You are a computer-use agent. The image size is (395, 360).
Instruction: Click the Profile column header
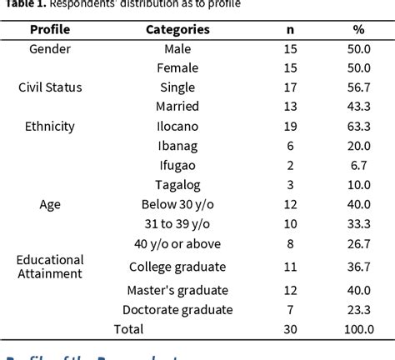(x=50, y=30)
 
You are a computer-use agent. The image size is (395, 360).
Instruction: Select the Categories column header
(x=177, y=30)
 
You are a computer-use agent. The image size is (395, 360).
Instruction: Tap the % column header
(x=357, y=30)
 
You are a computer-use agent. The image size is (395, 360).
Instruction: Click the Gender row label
(x=50, y=49)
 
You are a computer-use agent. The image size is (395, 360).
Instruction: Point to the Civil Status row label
(x=50, y=87)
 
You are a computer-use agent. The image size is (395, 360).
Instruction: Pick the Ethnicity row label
(x=50, y=127)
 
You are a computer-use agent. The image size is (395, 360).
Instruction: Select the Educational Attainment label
(x=50, y=266)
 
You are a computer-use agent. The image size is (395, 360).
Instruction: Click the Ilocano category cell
(x=177, y=127)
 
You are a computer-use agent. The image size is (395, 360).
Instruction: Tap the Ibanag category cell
(x=177, y=146)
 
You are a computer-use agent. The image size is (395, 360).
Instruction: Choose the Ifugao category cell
(x=177, y=165)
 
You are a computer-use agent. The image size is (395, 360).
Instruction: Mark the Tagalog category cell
(x=177, y=184)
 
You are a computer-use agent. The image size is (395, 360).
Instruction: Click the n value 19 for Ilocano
(x=291, y=127)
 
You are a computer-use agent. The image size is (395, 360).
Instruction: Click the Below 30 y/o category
(x=177, y=203)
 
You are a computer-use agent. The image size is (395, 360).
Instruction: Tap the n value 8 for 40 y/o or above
(x=291, y=242)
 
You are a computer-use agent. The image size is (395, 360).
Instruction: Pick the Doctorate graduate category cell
(x=177, y=310)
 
